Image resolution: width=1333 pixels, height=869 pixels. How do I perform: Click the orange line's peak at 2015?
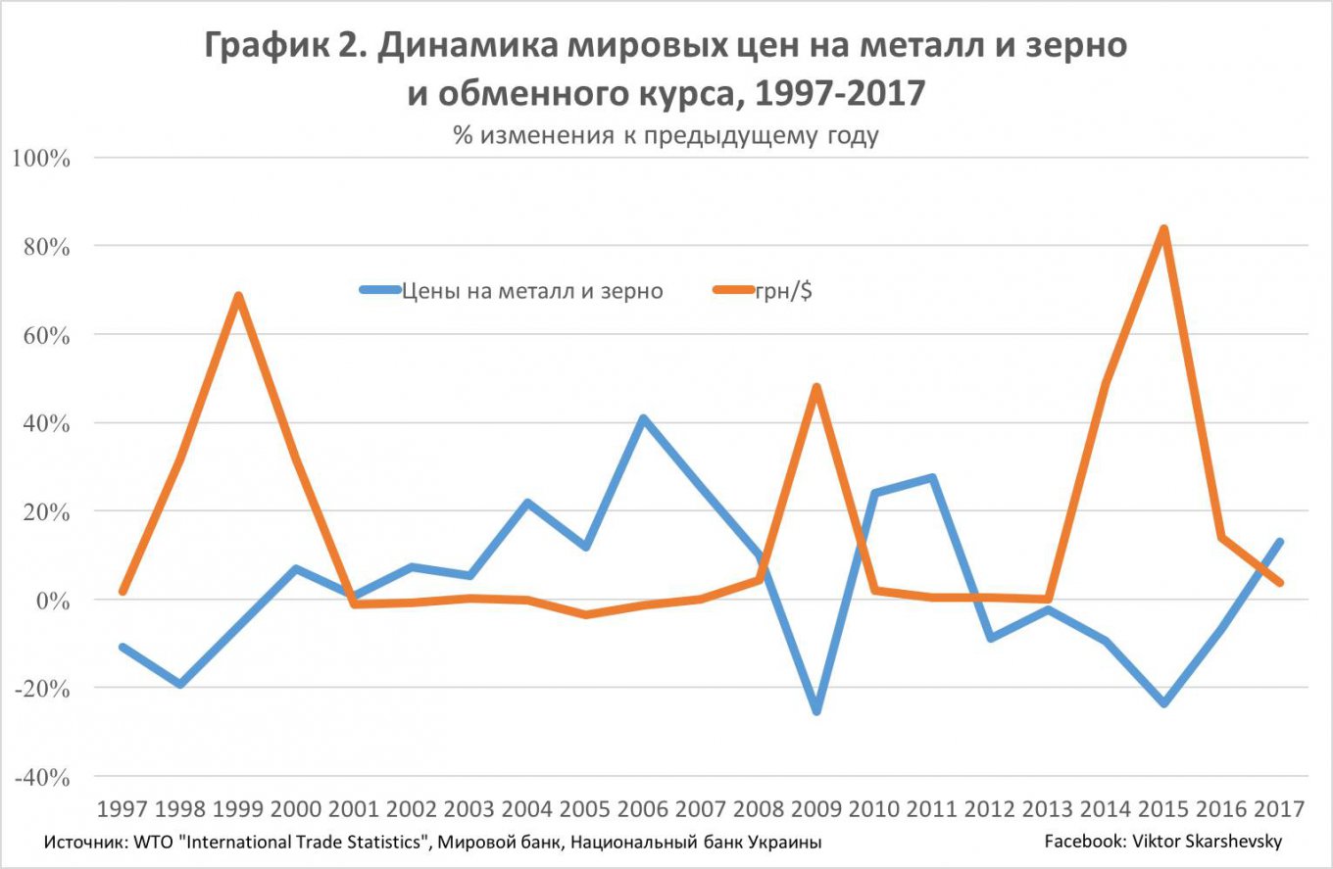click(1163, 229)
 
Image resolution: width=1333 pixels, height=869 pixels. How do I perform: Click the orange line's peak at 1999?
click(238, 296)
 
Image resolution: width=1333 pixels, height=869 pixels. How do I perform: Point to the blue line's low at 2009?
click(816, 710)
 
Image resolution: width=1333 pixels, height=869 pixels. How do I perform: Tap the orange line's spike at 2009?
click(816, 388)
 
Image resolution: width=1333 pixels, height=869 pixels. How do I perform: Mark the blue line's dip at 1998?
click(180, 684)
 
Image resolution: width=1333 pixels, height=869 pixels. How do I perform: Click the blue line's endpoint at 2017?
click(1279, 542)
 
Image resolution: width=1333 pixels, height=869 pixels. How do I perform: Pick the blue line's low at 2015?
click(1163, 703)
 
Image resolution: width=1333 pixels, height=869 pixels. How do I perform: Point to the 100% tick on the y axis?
click(40, 158)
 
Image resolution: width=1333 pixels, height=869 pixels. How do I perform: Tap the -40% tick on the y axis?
click(40, 777)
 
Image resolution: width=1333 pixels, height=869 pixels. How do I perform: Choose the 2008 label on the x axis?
click(758, 809)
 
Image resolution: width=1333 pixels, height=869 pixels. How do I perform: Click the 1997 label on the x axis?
click(123, 809)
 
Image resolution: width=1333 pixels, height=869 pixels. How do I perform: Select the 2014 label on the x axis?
click(1106, 809)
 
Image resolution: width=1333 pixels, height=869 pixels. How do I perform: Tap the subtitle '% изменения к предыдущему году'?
click(666, 135)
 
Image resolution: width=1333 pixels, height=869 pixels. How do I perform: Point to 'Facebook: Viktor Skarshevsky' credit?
click(1162, 842)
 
